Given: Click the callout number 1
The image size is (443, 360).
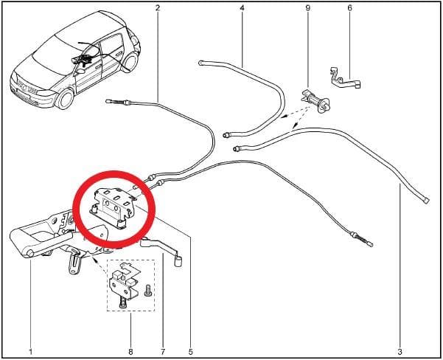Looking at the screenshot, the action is (31, 352).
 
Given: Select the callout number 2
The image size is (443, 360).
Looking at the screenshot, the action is (158, 8).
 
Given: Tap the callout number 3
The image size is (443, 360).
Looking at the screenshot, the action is (400, 352).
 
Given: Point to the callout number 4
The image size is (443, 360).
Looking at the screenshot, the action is (242, 8).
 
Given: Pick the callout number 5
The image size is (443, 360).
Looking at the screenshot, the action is (190, 352).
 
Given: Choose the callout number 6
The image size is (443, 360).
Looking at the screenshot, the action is (350, 8).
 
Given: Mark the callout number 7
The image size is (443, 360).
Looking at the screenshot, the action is (163, 352).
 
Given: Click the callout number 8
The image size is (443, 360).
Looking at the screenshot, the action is (130, 352).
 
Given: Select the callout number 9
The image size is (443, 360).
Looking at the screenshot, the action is (308, 8).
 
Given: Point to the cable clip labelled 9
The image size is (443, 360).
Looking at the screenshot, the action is (316, 101).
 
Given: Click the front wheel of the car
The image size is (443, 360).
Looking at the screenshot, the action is (65, 99).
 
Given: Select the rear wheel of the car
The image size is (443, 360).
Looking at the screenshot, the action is (130, 62).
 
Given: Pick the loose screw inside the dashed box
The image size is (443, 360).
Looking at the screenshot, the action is (147, 291).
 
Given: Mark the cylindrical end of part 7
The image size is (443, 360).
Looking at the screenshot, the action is (178, 261).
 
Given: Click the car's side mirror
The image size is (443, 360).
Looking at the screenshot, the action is (80, 71).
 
